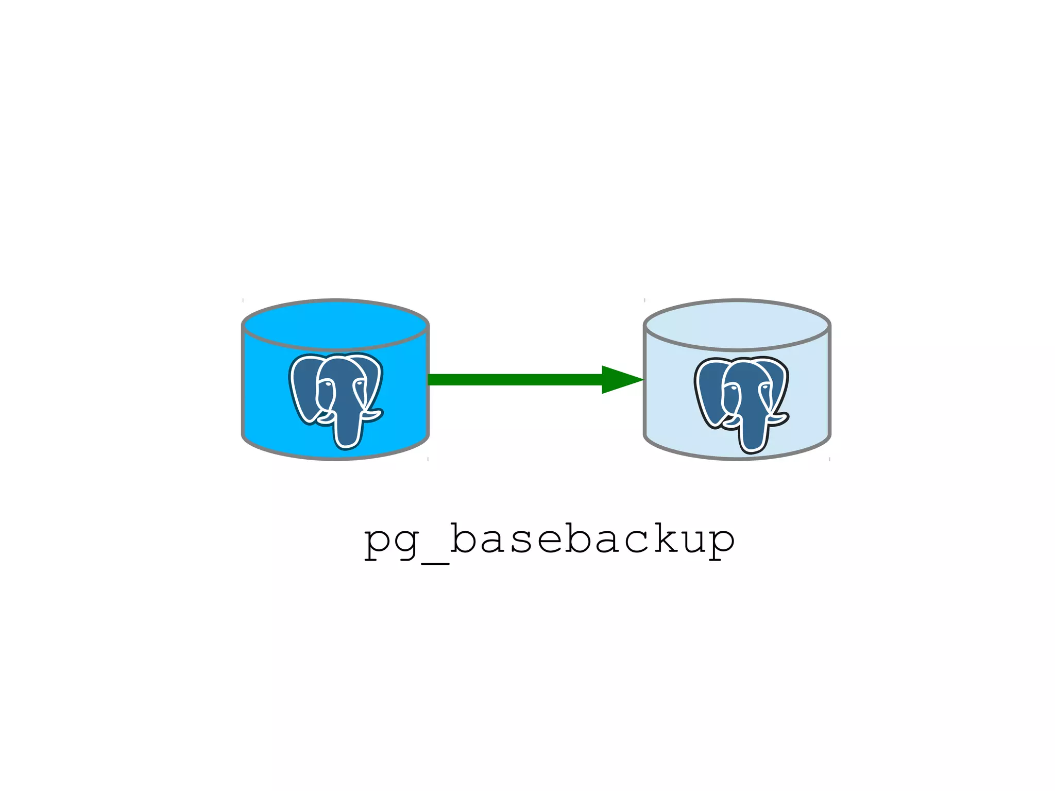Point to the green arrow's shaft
tap(515, 380)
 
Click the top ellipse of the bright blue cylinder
tap(335, 325)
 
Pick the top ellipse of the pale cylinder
tap(737, 325)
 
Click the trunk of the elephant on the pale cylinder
tap(751, 435)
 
